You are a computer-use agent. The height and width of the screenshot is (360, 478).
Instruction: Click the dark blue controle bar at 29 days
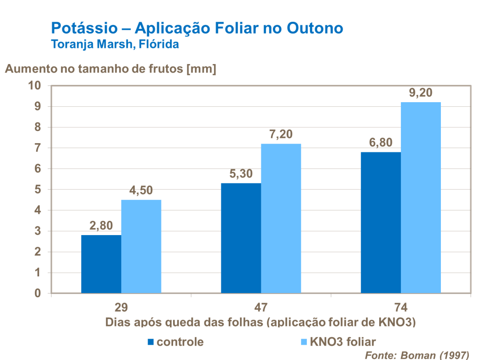point(101,264)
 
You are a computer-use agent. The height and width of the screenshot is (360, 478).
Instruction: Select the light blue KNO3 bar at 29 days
point(141,246)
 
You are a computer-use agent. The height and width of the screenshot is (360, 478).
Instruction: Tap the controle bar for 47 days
point(241,238)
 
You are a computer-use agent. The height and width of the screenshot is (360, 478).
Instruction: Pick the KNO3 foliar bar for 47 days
point(281,218)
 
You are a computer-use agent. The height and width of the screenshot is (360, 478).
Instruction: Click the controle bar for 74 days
point(381,223)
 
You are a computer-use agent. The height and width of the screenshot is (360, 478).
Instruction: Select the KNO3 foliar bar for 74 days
point(420,197)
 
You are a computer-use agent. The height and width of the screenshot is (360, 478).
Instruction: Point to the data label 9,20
point(420,93)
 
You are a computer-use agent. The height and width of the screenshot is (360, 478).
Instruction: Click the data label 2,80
point(101,226)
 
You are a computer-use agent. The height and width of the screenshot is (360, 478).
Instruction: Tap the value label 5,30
point(241,174)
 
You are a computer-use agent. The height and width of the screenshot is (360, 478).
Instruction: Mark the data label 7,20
point(281,134)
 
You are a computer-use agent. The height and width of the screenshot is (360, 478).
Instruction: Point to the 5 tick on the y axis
point(38,190)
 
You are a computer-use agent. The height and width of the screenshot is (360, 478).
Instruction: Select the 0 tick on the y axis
point(38,294)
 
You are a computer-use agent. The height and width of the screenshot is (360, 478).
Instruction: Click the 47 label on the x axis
point(260,308)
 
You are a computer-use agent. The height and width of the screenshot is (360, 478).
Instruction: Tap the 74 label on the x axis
point(400,308)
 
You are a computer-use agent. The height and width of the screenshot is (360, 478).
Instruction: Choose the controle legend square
point(150,342)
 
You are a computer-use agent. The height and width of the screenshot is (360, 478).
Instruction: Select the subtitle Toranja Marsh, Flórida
point(114,45)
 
